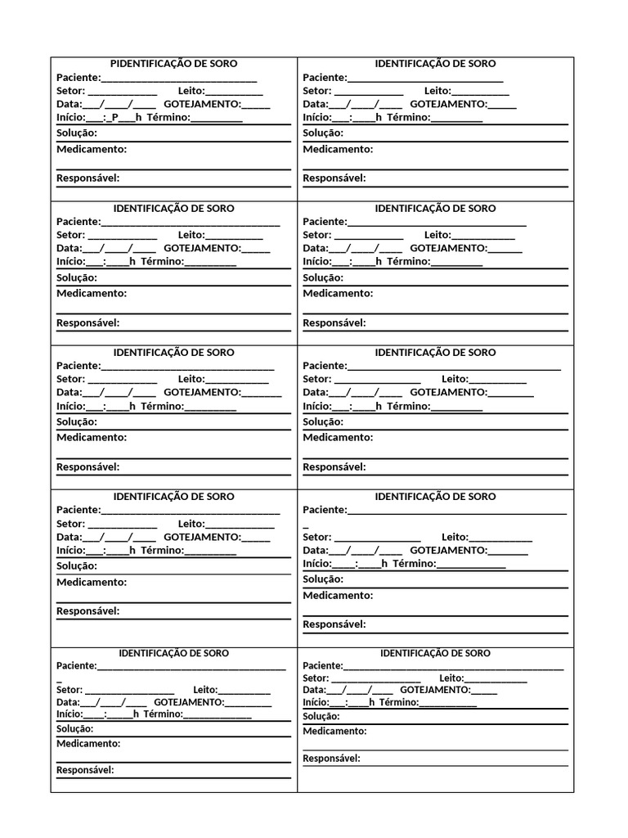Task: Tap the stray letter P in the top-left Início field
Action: click(115, 118)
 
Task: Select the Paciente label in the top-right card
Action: click(325, 78)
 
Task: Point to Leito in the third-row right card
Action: click(455, 379)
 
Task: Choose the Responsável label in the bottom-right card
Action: click(331, 759)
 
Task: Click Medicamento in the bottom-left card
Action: click(88, 744)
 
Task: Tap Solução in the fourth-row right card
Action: click(323, 579)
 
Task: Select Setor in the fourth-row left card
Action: click(70, 524)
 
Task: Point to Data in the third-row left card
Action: click(69, 393)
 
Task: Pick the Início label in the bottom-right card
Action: click(315, 702)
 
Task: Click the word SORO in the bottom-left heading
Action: click(216, 653)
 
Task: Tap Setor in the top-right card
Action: click(316, 91)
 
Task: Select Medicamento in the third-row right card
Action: click(338, 437)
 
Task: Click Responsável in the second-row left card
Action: click(87, 322)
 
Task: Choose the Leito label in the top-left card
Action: click(191, 91)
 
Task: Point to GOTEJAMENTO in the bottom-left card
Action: click(188, 702)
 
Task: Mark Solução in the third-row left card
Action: click(76, 422)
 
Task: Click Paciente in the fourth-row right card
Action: click(325, 510)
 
